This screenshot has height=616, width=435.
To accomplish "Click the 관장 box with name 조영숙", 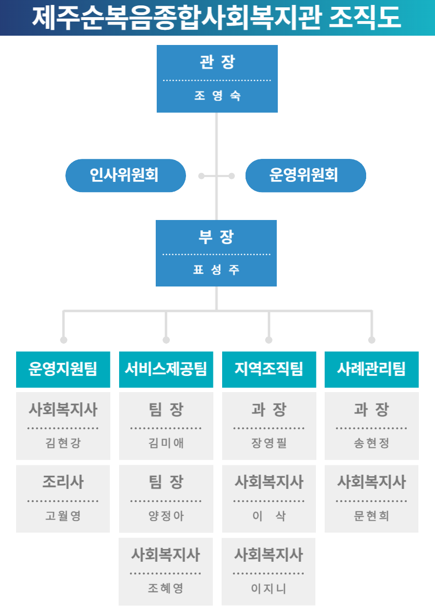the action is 217,79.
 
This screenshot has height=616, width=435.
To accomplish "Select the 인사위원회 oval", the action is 125,176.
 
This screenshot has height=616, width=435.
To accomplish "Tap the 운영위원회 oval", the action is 306,176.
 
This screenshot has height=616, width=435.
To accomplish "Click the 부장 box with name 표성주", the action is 216,253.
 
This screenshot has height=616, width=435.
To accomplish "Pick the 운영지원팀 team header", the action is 63,369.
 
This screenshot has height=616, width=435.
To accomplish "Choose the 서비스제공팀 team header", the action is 166,369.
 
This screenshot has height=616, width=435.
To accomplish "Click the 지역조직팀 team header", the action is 269,369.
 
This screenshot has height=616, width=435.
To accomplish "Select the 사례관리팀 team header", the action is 372,369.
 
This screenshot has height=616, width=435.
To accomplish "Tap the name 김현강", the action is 63,443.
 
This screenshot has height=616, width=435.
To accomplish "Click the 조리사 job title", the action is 63,482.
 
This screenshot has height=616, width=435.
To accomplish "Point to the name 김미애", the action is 166,443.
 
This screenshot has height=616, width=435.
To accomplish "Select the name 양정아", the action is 166,516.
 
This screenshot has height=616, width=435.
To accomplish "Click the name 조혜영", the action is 166,588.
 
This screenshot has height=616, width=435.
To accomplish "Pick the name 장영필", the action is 269,443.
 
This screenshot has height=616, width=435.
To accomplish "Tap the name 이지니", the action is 269,589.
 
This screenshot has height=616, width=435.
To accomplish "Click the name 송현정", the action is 371,443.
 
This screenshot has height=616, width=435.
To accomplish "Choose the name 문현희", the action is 371,516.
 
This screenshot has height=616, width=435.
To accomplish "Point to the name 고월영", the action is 63,516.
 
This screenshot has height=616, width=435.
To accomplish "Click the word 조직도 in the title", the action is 365,18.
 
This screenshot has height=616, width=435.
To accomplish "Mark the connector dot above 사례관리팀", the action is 372,340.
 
